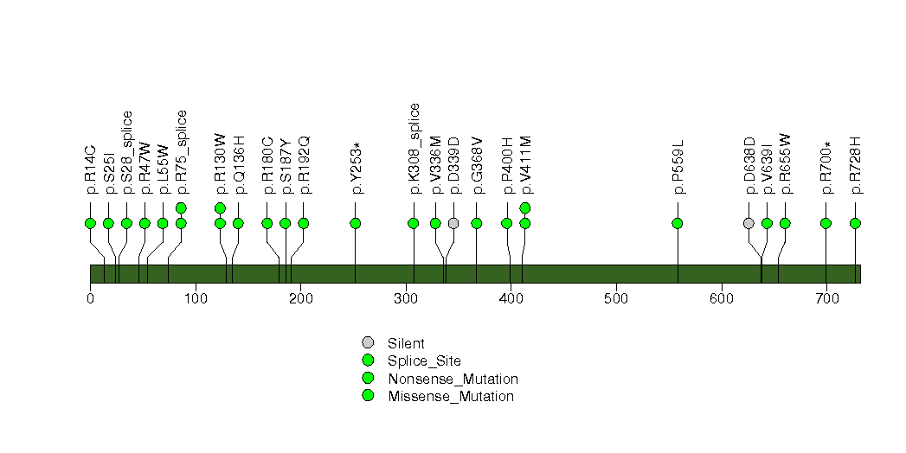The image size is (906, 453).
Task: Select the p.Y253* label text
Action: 356,168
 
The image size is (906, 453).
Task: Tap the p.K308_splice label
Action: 414,149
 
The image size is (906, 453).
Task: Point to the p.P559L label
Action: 678,166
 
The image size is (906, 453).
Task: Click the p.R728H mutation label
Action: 856,165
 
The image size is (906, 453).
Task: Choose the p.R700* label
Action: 826,167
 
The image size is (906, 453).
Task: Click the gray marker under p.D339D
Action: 453,223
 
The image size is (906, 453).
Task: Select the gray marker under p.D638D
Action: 749,223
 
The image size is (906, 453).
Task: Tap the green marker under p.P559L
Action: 678,223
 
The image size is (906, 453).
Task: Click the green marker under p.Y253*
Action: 356,223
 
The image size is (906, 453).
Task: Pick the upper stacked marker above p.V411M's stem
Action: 525,207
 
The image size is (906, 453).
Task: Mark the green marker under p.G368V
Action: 477,223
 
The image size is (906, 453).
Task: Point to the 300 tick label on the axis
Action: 406,298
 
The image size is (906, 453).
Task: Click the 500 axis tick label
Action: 616,298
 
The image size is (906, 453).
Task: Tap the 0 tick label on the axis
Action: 90,298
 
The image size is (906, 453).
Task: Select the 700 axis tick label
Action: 827,298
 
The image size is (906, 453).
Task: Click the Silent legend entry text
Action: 406,344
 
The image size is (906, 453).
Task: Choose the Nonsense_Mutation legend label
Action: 453,380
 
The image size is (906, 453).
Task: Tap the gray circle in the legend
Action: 368,343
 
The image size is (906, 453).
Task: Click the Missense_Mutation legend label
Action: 451,397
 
